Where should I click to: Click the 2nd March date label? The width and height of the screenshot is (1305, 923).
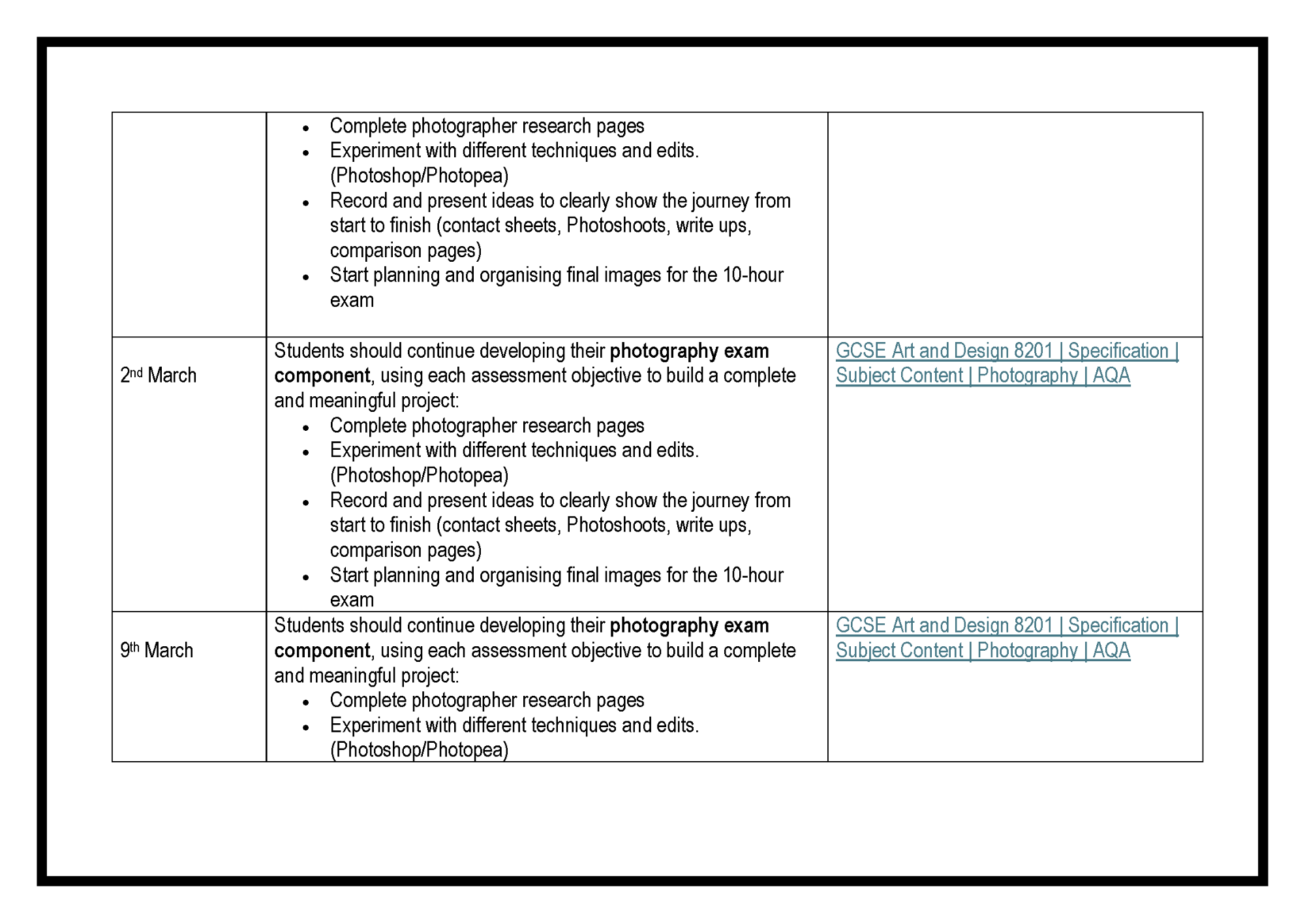[x=158, y=375]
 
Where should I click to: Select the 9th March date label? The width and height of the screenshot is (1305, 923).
[x=157, y=650]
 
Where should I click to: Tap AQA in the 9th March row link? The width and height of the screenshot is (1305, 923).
[x=1111, y=651]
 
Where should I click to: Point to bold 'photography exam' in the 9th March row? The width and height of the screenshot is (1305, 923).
[x=689, y=625]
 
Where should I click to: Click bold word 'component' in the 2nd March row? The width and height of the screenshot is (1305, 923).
[x=322, y=376]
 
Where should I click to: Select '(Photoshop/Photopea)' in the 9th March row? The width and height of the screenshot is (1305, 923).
[x=419, y=749]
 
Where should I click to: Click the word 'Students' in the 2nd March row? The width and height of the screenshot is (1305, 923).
[x=309, y=351]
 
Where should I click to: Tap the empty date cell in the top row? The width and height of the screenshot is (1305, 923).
[x=189, y=224]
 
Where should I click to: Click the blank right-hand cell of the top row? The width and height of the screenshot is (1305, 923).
[x=1015, y=224]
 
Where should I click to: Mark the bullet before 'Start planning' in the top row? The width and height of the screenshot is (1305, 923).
[x=305, y=277]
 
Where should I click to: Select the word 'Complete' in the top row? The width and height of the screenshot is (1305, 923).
[x=368, y=126]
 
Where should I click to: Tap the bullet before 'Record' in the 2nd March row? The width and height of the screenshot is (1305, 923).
[x=305, y=503]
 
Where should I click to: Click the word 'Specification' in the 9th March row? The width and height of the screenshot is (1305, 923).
[x=1118, y=625]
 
